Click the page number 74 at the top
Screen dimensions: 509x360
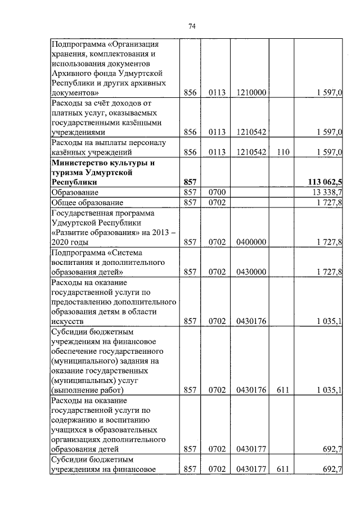191,26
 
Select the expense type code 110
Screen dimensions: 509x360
282,152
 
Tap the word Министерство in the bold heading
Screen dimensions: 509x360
78,163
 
